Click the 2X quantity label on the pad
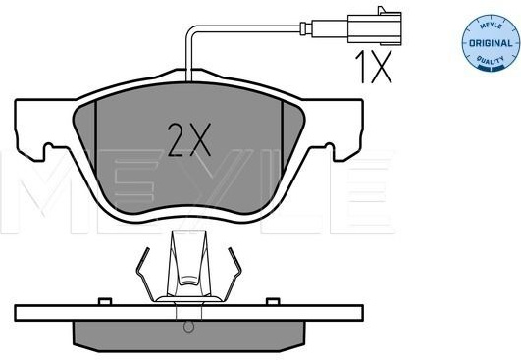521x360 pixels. [189, 140]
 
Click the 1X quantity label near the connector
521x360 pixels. [374, 67]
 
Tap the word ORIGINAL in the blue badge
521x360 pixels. [491, 43]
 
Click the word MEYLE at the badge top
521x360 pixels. [491, 26]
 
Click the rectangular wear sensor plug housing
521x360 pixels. [374, 28]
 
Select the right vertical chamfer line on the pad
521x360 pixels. [283, 138]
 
